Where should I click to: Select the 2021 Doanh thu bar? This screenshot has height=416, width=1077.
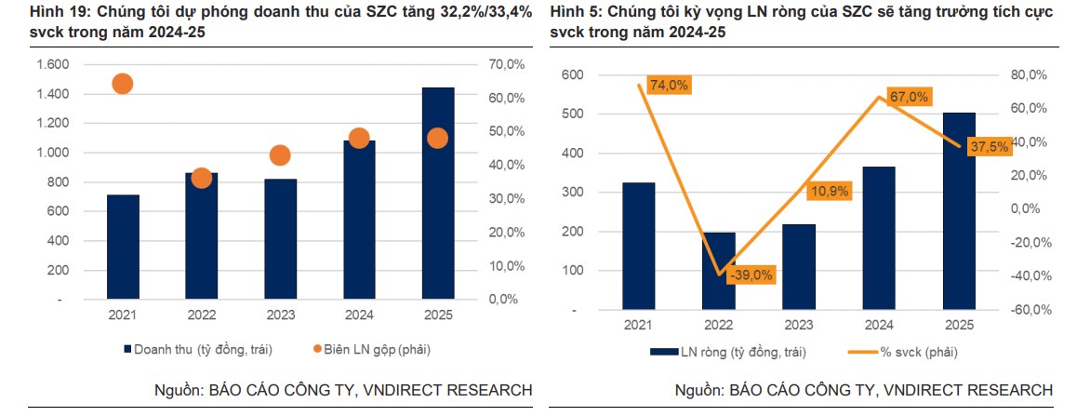pos(123,248)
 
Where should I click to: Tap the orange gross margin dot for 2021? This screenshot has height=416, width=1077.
pos(123,84)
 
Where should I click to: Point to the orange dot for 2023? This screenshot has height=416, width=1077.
pos(281,155)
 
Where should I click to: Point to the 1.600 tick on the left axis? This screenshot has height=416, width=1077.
pos(52,64)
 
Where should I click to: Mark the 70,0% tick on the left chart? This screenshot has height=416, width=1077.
pos(506,64)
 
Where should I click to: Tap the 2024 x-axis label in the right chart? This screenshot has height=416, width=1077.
pos(878,325)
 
